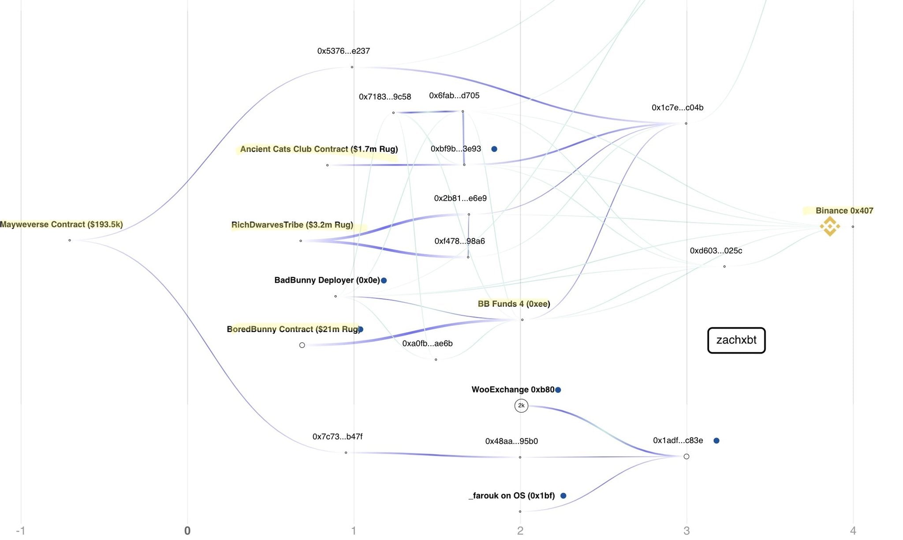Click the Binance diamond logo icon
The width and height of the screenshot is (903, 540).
[x=829, y=226]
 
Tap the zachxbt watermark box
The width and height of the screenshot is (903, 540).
[x=736, y=340]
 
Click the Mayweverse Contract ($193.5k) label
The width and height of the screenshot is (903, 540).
[x=61, y=225]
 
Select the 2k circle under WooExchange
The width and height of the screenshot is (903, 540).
[x=521, y=405]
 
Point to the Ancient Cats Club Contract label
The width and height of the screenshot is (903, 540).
[x=319, y=149]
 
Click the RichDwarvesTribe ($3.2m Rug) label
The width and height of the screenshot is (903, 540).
[x=292, y=225]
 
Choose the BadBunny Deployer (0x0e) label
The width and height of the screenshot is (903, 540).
[x=327, y=280]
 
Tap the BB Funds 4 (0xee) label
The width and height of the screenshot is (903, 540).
[x=514, y=304]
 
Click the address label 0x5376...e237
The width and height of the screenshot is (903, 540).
[x=343, y=51]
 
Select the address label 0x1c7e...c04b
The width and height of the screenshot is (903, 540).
[x=677, y=107]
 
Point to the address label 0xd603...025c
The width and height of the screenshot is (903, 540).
[x=716, y=251]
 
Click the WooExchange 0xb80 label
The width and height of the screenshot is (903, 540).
[x=513, y=390]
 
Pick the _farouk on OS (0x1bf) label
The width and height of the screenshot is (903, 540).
[x=511, y=496]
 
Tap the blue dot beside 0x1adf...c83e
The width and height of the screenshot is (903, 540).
[x=716, y=440]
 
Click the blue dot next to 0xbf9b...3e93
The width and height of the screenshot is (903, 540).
[x=494, y=149]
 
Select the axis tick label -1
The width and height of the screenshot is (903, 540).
[x=20, y=531]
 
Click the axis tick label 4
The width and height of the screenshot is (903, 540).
[x=853, y=531]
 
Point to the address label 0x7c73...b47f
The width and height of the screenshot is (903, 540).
[x=337, y=436]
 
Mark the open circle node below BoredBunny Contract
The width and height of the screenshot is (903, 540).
[x=302, y=345]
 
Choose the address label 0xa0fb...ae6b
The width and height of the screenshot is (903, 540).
[x=427, y=344]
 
